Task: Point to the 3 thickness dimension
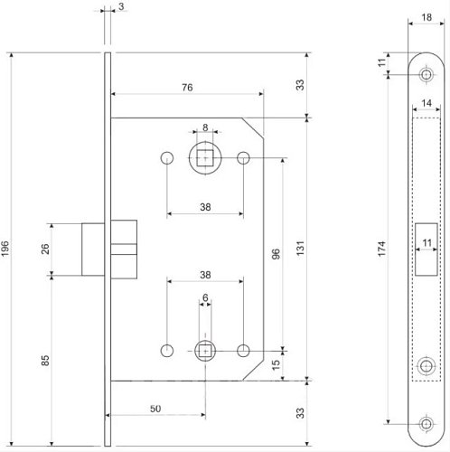(120, 7)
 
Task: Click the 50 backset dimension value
(155, 410)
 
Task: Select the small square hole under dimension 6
(206, 348)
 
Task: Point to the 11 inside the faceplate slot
(426, 242)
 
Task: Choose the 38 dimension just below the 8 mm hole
(205, 206)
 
